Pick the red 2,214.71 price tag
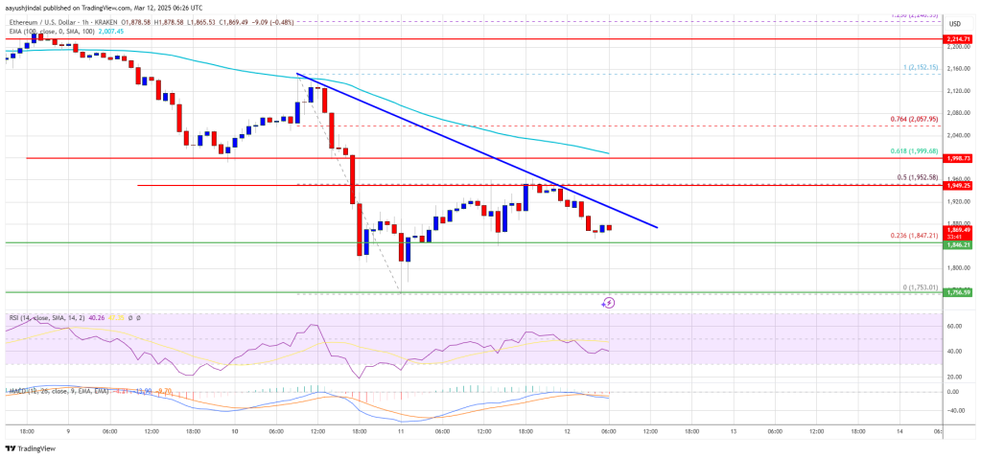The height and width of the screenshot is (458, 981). pos(959,39)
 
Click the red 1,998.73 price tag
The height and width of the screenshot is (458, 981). pos(959,158)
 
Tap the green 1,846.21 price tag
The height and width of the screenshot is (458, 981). pos(959,245)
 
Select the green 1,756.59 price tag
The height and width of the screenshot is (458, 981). pos(959,292)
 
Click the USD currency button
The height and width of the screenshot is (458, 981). pos(954,23)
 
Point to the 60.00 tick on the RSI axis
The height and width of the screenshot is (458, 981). pos(953,327)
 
